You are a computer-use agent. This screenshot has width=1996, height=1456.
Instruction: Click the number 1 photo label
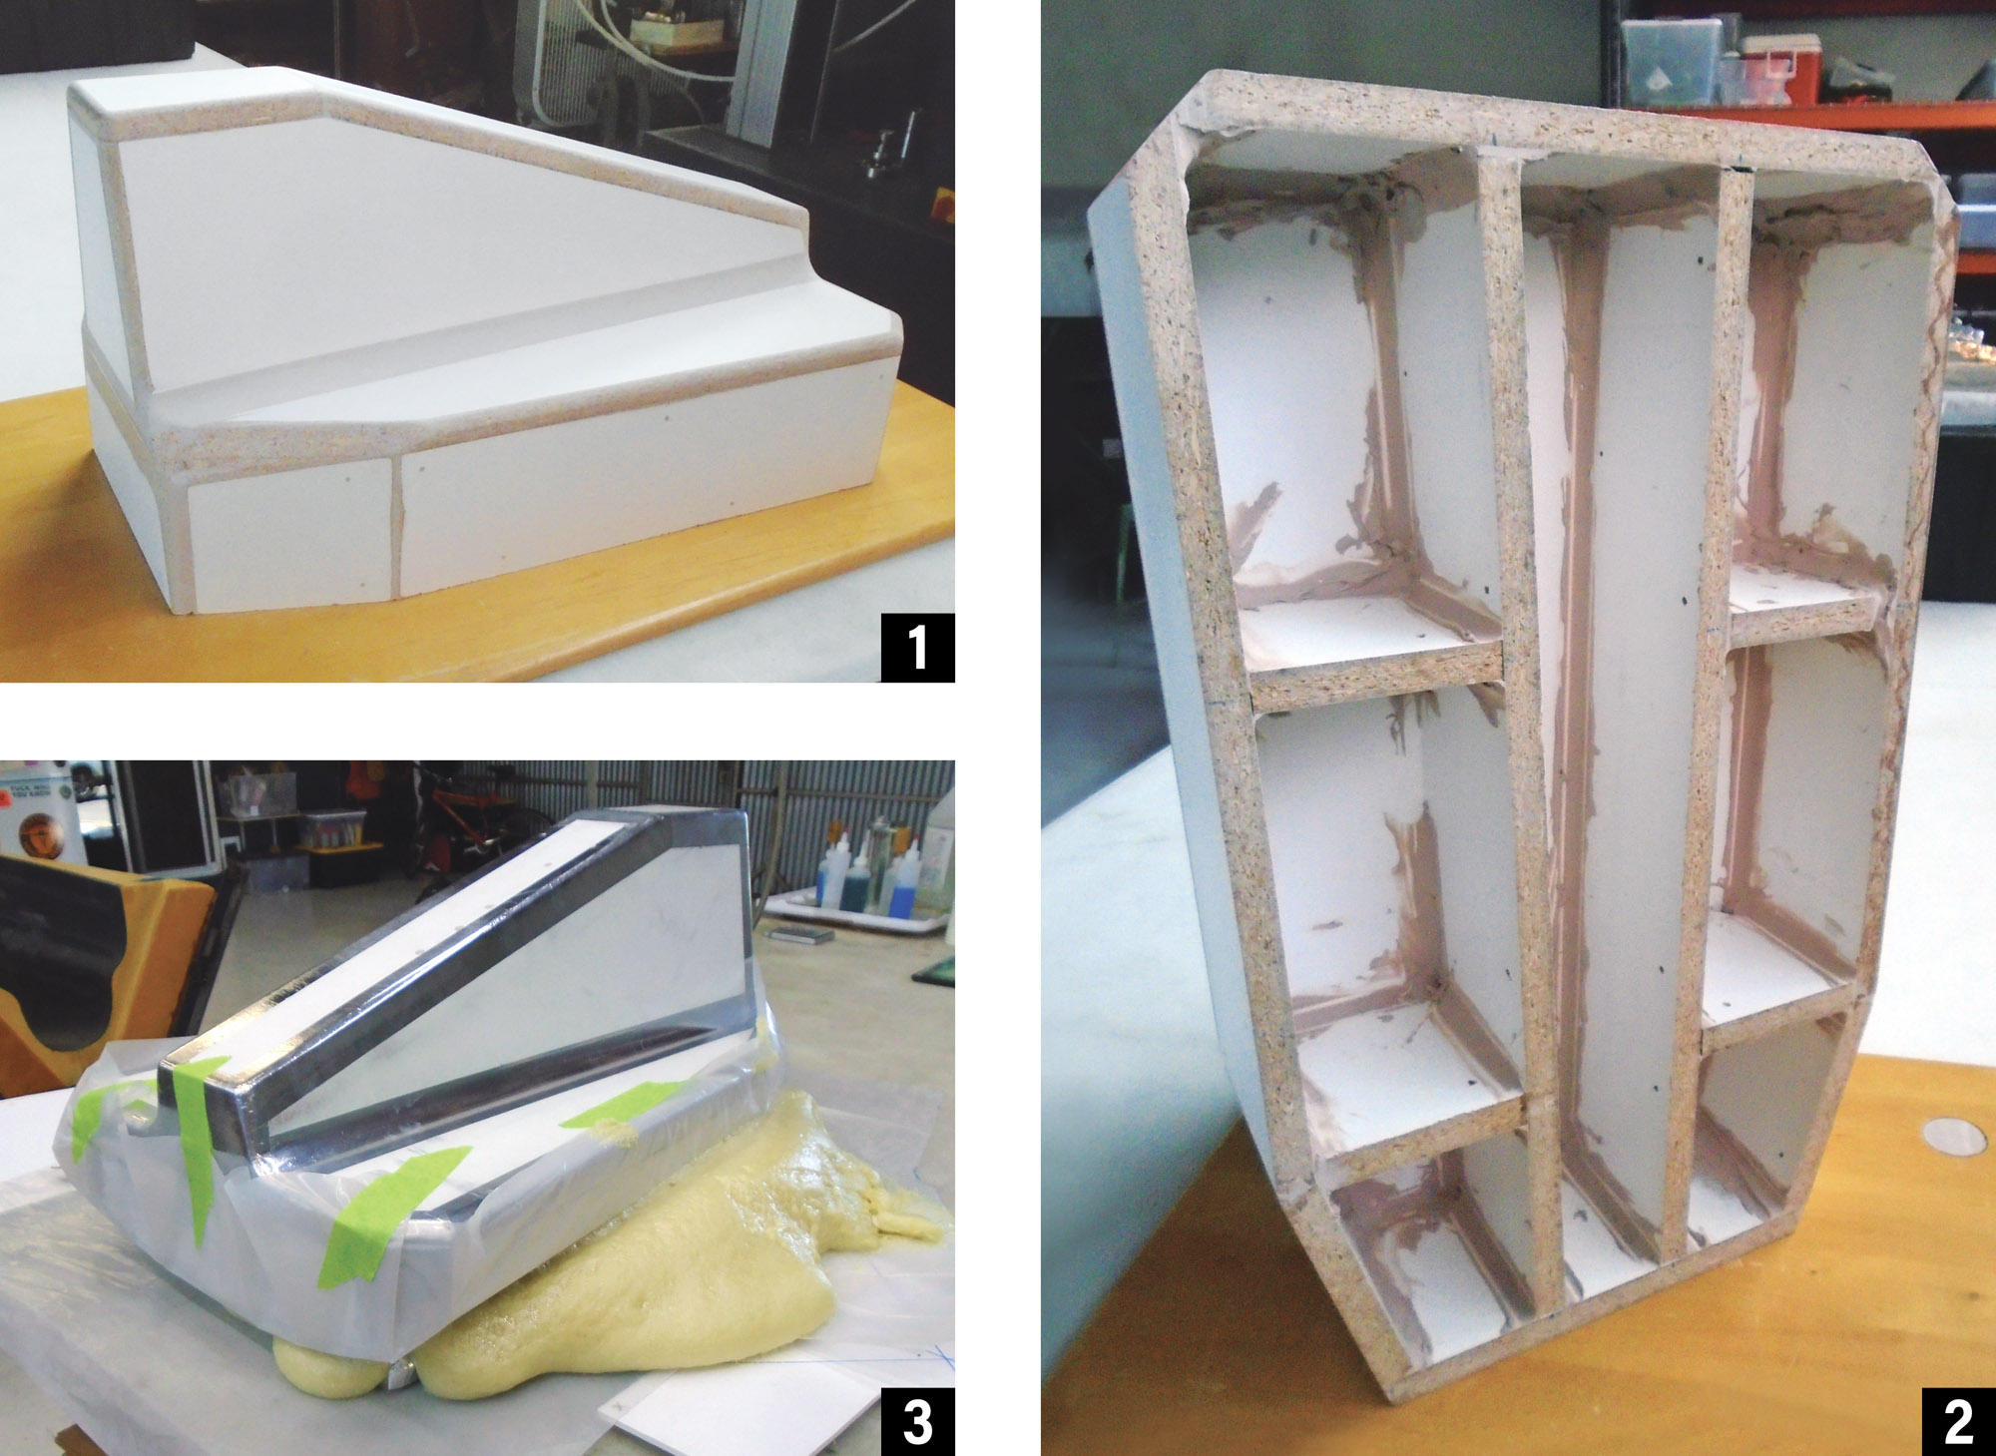coord(917,647)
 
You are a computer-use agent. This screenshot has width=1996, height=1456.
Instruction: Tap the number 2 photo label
coord(1958,1420)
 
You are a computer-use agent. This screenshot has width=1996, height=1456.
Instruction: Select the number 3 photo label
coord(917,1421)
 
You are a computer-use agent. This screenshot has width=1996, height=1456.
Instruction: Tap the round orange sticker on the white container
coord(40,833)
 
